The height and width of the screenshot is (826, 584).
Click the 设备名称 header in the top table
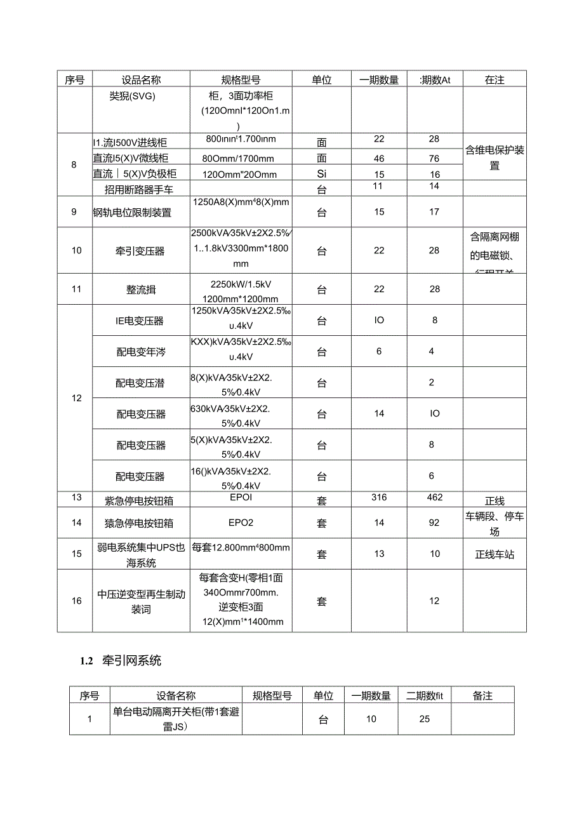click(x=141, y=79)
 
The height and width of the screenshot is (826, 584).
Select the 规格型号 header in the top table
click(x=241, y=79)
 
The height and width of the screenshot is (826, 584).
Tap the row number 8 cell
click(x=74, y=164)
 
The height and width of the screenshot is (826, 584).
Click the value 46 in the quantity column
click(x=379, y=157)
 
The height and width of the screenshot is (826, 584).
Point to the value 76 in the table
click(x=434, y=157)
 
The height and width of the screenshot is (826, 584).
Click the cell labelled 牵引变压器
click(x=141, y=251)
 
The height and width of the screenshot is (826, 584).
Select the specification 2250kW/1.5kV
click(x=241, y=283)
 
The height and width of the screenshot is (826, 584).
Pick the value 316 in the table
click(x=379, y=497)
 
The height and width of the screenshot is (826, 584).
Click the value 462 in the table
click(x=434, y=497)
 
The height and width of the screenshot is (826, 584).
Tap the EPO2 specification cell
click(x=241, y=523)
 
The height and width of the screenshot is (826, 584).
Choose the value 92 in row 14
click(x=434, y=523)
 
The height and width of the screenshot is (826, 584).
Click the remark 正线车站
click(x=494, y=554)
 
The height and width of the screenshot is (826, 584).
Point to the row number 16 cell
click(x=76, y=601)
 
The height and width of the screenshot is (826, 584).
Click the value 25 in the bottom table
click(x=425, y=719)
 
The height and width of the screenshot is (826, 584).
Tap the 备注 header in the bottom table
click(x=482, y=695)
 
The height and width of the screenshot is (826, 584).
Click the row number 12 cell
click(x=76, y=398)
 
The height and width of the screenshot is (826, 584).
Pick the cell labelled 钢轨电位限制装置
click(x=132, y=213)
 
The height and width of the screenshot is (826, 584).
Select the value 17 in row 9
click(x=434, y=211)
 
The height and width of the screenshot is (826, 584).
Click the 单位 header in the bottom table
click(x=323, y=695)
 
